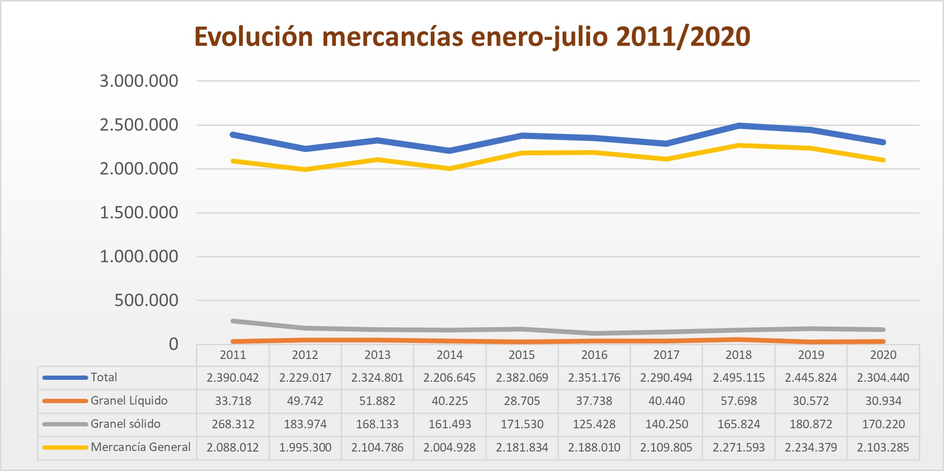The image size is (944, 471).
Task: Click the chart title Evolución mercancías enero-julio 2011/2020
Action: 472,37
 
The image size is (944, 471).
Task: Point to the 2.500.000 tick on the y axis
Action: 139,125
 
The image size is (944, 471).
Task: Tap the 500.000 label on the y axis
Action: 146,300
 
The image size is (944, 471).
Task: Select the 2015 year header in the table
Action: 522,355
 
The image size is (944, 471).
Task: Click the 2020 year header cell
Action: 883,355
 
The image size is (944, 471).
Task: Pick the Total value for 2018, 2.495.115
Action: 739,377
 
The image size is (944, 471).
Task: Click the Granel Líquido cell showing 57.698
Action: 739,401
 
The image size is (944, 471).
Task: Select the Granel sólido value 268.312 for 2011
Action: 233,424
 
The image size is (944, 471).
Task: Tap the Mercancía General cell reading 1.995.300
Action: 305,447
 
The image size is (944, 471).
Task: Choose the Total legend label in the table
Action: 104,377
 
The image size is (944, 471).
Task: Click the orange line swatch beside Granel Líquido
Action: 65,401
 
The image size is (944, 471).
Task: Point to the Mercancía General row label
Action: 140,447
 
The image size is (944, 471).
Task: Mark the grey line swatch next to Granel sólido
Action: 65,424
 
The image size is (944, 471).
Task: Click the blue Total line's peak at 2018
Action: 739,126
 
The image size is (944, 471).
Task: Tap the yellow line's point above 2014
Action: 450,169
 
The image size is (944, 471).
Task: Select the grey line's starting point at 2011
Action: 233,321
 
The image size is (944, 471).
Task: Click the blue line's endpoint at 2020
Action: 883,142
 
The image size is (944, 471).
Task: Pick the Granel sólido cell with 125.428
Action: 594,424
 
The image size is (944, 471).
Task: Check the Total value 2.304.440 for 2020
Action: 883,377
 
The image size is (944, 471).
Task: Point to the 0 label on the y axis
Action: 174,344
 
